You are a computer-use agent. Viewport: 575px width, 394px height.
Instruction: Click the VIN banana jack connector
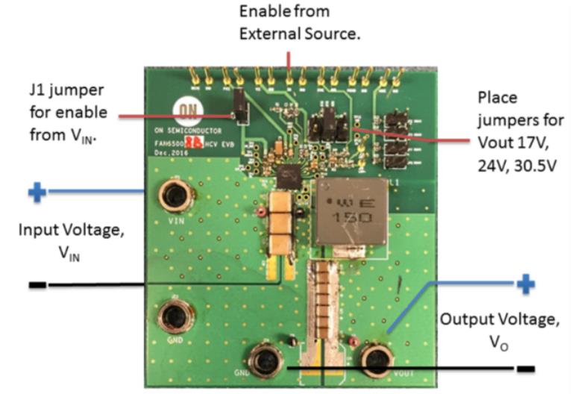[x=175, y=196]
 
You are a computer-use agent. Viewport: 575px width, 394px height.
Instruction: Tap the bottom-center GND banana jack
[x=265, y=362]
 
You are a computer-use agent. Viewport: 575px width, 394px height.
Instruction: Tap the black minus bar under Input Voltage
[x=37, y=285]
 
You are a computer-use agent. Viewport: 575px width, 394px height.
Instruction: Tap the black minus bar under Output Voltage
[x=526, y=369]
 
